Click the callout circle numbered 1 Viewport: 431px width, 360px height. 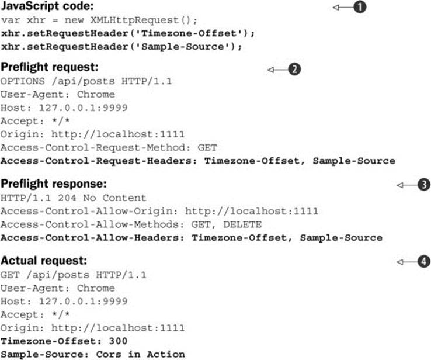click(360, 7)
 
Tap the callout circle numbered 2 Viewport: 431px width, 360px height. click(294, 70)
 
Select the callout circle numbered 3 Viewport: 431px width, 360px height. click(424, 185)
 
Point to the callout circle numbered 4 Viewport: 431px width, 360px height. click(424, 262)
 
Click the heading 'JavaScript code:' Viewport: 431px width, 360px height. click(47, 6)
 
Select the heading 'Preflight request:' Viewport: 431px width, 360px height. click(50, 67)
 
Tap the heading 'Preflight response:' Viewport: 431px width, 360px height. click(54, 184)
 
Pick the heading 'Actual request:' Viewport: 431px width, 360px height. click(44, 261)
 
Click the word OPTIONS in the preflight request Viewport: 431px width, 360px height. click(23, 81)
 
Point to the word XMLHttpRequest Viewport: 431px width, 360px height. click(134, 20)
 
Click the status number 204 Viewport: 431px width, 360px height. click(67, 198)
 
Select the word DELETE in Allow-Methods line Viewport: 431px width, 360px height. click(242, 224)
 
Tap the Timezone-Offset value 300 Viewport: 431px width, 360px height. click(118, 341)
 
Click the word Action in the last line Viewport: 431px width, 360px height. click(166, 354)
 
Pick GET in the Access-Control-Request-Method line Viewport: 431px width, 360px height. click(207, 147)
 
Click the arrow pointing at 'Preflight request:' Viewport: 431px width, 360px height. click(278, 70)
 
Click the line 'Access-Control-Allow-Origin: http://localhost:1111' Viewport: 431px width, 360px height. click(159, 211)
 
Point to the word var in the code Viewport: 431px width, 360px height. click(10, 20)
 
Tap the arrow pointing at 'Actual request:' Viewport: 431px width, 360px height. click(408, 262)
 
